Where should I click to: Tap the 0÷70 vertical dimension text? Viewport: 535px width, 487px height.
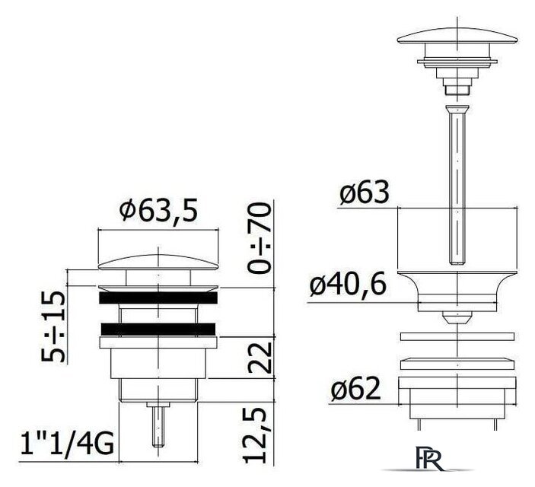[260, 238]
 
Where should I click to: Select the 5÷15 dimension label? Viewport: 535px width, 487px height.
[53, 326]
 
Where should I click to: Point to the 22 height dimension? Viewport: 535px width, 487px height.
[260, 358]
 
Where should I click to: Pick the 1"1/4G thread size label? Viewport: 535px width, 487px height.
[67, 444]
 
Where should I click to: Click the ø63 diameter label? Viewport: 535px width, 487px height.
[365, 192]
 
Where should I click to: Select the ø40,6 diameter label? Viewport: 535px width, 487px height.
[348, 285]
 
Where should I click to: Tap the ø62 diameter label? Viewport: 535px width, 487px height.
[355, 388]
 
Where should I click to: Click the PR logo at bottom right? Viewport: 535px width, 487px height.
[430, 458]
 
